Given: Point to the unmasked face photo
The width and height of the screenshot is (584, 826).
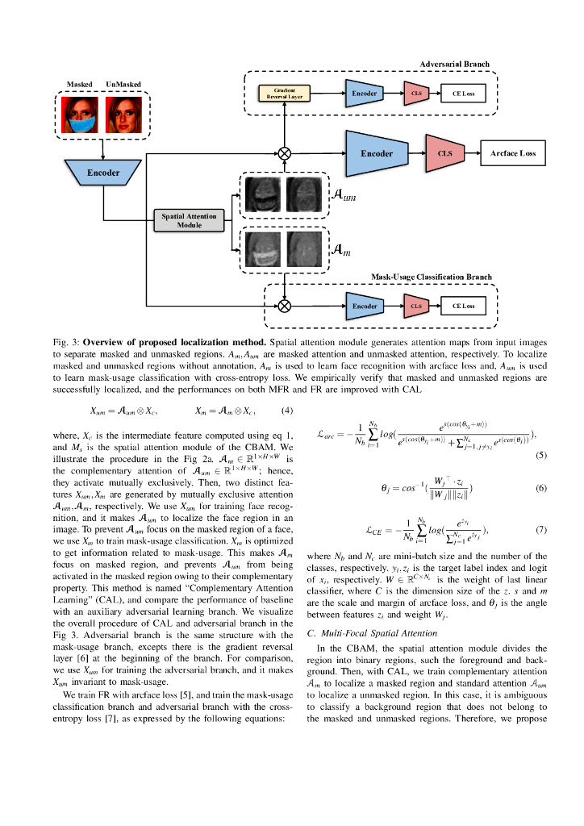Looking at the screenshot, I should tap(123, 115).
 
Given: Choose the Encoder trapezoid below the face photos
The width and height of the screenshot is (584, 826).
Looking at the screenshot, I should tap(103, 173).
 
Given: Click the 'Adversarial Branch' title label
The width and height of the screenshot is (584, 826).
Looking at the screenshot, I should tap(454, 64).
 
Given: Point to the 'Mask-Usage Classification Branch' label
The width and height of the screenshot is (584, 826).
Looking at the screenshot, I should tap(431, 277).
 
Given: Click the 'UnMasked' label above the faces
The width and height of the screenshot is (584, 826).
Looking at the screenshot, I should tap(123, 84).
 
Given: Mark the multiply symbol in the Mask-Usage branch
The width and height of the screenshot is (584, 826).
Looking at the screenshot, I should tap(283, 307).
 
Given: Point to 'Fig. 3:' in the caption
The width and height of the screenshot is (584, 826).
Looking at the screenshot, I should tap(65, 342).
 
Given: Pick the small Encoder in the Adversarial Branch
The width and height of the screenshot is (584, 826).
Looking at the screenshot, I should tap(365, 94).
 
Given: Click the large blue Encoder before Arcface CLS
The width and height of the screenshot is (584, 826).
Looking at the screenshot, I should tap(377, 153).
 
